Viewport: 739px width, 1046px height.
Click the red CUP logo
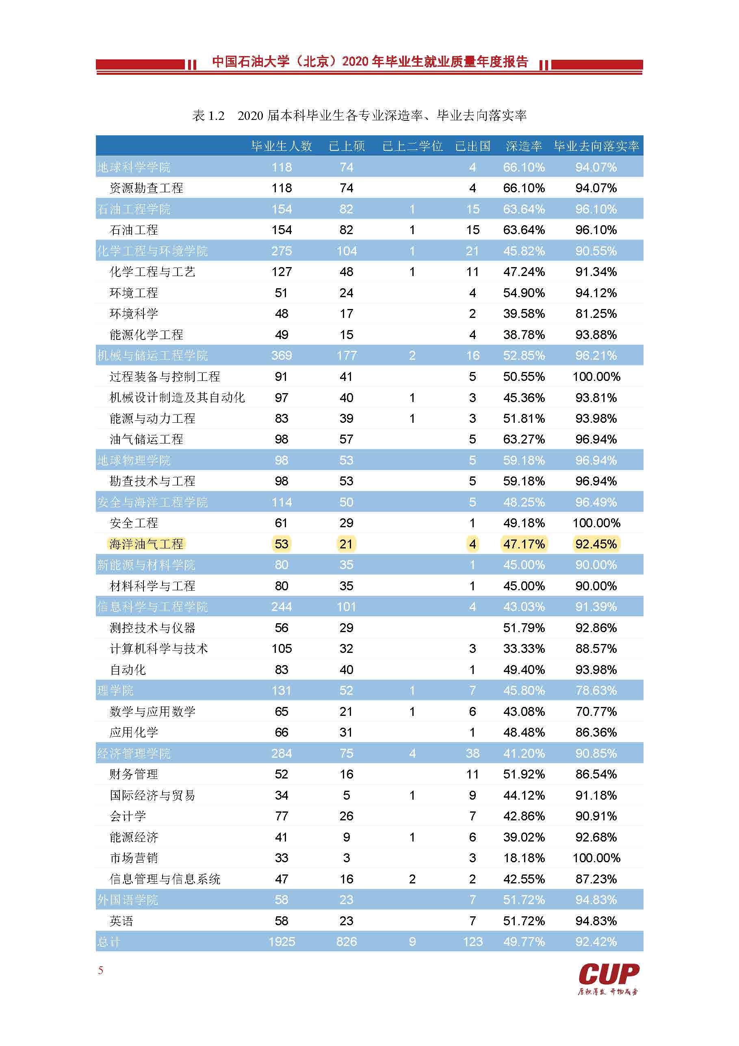609,974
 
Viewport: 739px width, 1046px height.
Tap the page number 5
101,970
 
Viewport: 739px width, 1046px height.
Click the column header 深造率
524,146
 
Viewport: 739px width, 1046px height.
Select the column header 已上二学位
412,146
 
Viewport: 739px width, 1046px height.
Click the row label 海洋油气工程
146,544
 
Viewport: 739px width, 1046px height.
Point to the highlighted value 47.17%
524,544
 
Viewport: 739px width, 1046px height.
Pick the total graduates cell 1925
282,941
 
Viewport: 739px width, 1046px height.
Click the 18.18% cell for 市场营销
524,858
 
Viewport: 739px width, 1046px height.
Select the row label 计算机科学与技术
158,648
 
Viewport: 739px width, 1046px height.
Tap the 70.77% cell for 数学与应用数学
596,711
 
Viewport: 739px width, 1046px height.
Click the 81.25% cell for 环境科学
596,313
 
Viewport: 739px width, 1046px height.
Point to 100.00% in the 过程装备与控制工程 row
596,376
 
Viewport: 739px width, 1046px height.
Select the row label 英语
121,921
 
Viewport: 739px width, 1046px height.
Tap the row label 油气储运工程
146,439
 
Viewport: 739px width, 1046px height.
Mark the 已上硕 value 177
346,355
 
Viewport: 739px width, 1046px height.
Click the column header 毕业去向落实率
596,146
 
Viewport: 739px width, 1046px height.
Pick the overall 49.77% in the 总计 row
524,941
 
